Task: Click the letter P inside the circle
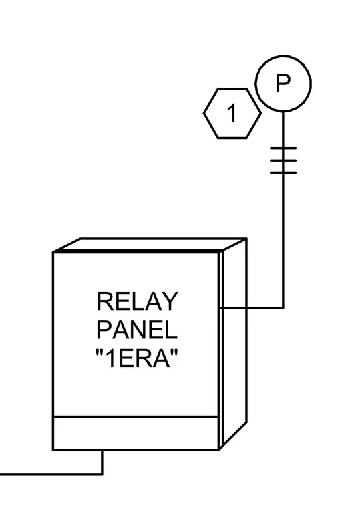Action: point(283,84)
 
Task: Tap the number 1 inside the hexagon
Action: point(232,113)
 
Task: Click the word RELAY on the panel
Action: point(138,301)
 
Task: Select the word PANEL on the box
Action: point(137,330)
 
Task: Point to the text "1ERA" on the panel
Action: point(137,358)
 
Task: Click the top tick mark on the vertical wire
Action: point(283,148)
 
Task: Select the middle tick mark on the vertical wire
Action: point(283,160)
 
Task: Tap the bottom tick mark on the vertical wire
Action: point(283,172)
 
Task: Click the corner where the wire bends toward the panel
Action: point(283,307)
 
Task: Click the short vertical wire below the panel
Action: point(102,463)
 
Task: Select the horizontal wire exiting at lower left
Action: point(51,475)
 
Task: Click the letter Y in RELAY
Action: point(170,301)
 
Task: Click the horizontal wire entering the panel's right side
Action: point(252,307)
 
